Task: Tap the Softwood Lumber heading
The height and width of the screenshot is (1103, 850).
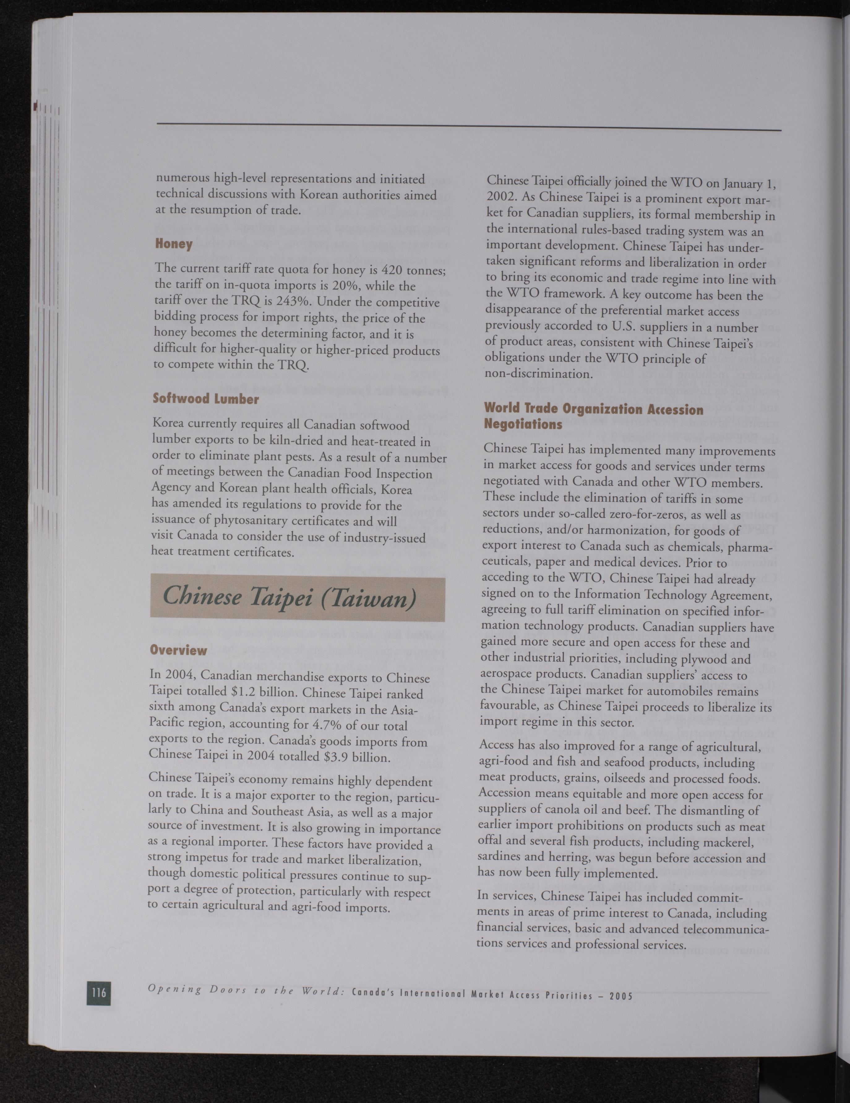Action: click(206, 399)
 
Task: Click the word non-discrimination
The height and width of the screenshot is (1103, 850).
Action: click(532, 374)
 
